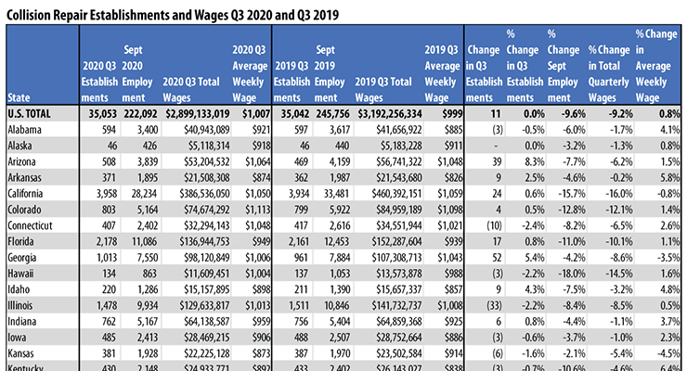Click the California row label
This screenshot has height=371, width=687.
(x=28, y=188)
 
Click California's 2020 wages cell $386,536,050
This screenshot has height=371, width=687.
(x=196, y=188)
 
